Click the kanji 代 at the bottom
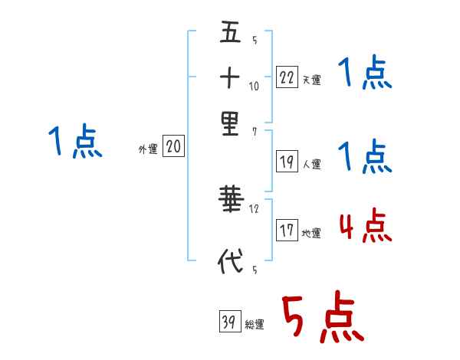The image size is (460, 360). [x=230, y=260]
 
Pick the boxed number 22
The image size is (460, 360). [x=287, y=77]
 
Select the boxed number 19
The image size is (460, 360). [x=287, y=162]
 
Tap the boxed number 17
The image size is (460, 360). [x=287, y=231]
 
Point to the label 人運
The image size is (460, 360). [x=312, y=164]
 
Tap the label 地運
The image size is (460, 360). [x=312, y=233]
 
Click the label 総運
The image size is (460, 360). [x=255, y=325]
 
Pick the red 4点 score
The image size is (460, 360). [x=365, y=227]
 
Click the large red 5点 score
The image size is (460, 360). [x=322, y=319]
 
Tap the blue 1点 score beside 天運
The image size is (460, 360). [x=365, y=75]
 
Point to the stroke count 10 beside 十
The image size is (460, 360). [x=255, y=87]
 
